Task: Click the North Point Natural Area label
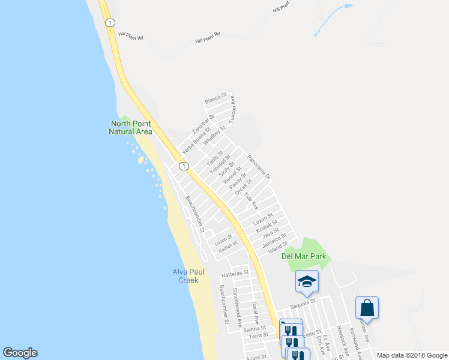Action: tap(131, 128)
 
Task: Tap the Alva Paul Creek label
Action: tap(190, 276)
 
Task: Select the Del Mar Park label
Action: tap(304, 256)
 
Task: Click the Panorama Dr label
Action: tap(260, 167)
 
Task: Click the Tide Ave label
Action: tap(251, 201)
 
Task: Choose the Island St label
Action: tap(279, 247)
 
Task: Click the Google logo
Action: tap(20, 353)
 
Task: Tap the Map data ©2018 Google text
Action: tap(412, 355)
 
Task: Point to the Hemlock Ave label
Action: tap(343, 339)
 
